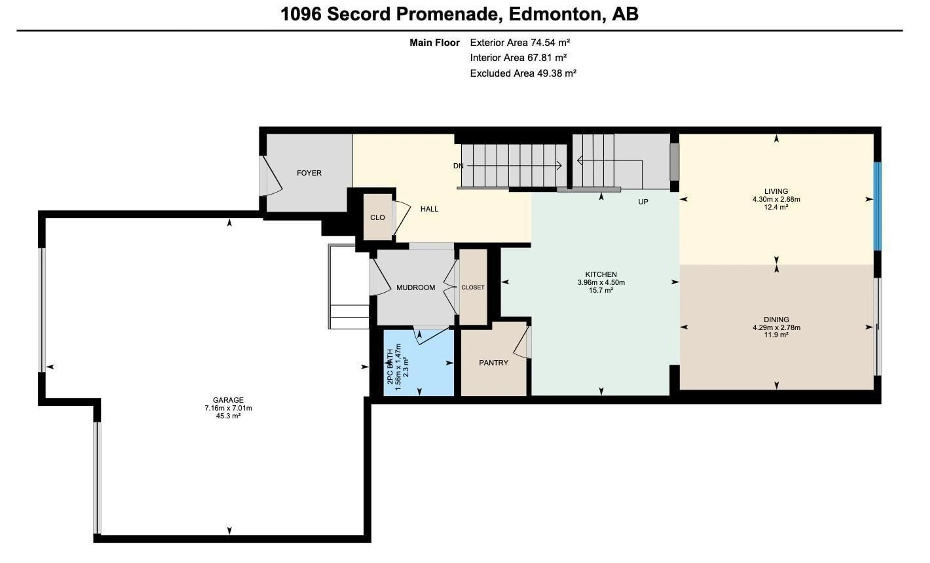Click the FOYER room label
(309, 173)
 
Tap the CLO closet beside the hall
(377, 218)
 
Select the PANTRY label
(493, 363)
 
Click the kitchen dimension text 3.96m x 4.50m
(601, 282)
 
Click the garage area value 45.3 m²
(228, 416)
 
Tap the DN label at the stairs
(458, 166)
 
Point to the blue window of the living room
(877, 206)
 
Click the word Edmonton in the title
(554, 14)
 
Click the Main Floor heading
(434, 43)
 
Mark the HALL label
(429, 209)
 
